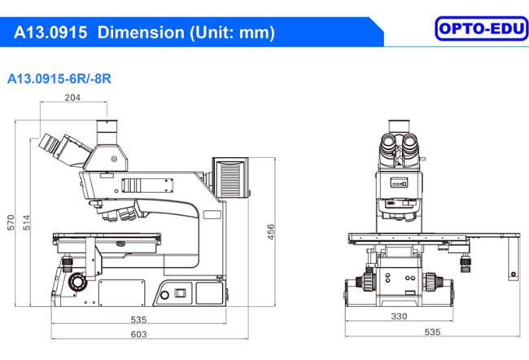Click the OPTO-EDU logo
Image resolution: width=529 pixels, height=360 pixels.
(x=482, y=29)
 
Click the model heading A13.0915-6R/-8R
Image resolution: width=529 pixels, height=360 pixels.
(x=59, y=79)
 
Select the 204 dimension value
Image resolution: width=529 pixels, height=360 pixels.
(x=72, y=98)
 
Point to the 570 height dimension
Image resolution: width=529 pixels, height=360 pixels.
(x=11, y=222)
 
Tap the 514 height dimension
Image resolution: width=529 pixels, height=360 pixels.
(x=26, y=222)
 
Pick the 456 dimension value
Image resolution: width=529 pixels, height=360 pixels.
(x=270, y=231)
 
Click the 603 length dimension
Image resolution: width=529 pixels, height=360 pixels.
(x=138, y=334)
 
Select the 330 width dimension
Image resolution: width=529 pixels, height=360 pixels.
(x=399, y=316)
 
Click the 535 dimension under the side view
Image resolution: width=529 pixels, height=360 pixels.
(x=138, y=319)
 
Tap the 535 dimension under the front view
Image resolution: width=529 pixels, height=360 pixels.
(x=432, y=332)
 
